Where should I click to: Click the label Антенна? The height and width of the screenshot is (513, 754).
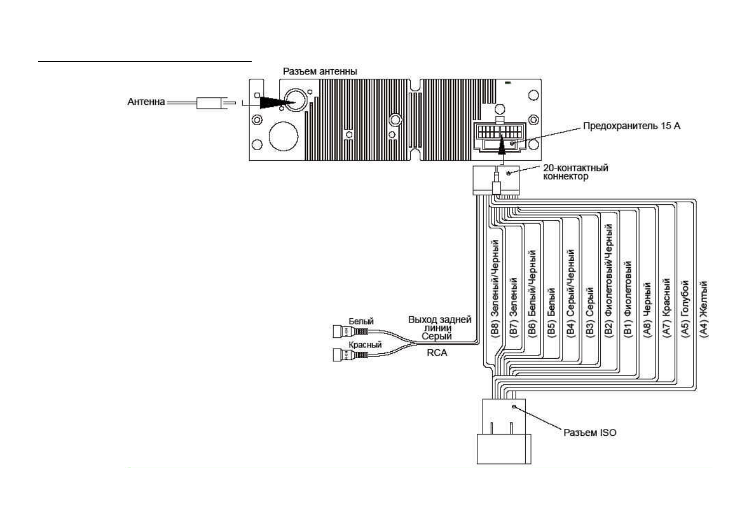tap(146, 102)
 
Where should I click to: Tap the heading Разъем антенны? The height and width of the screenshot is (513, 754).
tap(320, 71)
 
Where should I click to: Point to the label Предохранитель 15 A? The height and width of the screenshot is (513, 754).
tap(632, 126)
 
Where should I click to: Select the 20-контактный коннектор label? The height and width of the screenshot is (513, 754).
tap(575, 172)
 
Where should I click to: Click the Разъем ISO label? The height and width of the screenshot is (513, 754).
tap(590, 433)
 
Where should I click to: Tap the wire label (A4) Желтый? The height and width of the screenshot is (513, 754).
tap(704, 309)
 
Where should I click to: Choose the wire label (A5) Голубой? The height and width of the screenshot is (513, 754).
tap(685, 309)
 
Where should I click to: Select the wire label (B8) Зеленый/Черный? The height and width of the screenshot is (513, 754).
tap(495, 288)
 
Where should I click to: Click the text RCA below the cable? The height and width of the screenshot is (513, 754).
tap(437, 352)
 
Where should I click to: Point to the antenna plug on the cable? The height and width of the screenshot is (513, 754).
tap(209, 103)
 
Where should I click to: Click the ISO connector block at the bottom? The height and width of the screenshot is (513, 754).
tap(503, 431)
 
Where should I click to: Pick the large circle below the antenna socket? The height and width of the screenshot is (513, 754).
tap(283, 136)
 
